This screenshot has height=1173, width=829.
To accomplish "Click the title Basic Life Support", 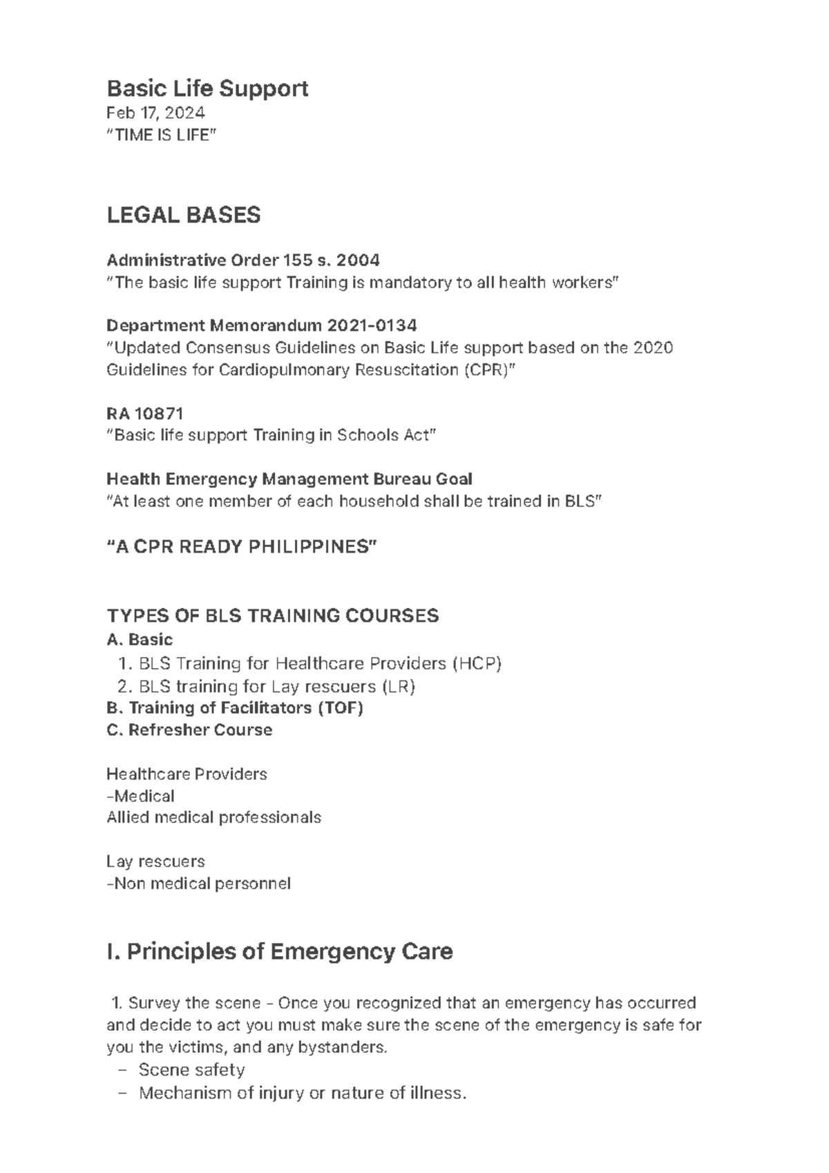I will tap(207, 88).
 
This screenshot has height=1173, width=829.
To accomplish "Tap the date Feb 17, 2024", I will tap(155, 113).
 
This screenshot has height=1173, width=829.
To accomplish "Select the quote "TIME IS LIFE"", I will tap(161, 135).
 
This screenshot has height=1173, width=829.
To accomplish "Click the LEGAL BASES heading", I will tap(184, 216).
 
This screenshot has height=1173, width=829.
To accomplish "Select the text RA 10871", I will tap(145, 414).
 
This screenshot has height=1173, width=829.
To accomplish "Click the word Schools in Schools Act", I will tap(362, 435).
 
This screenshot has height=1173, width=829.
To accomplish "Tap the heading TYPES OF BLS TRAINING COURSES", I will tap(273, 616).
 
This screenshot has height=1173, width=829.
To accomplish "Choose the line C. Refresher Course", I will tap(189, 730).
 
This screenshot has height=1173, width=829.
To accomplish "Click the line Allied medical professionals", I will tap(213, 818).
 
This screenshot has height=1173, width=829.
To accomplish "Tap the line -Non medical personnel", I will tap(198, 884).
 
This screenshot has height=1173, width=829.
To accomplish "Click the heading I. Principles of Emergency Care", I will tap(280, 952).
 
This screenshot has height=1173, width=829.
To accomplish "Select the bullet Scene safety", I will tap(191, 1070).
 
